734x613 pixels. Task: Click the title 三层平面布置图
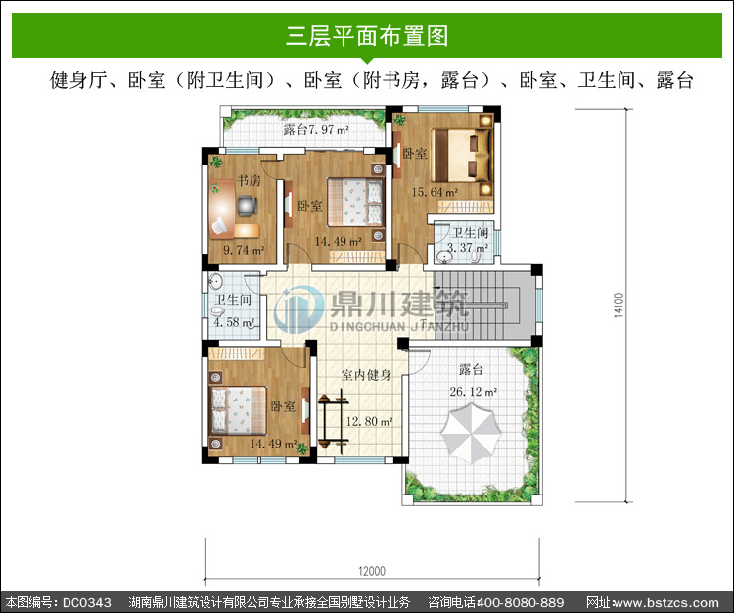[367, 36]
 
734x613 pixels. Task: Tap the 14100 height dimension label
[619, 306]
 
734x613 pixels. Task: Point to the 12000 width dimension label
[372, 571]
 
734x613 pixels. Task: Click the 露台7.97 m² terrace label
[316, 129]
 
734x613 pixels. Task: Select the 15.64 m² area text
[435, 192]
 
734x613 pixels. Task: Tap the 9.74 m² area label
[244, 250]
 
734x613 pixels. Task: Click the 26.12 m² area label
[474, 391]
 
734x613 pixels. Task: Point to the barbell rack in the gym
[333, 421]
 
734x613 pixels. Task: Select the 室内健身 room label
[366, 375]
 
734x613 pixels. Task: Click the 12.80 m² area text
[369, 421]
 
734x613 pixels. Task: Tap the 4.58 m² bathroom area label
[234, 322]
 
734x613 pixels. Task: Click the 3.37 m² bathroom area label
[468, 247]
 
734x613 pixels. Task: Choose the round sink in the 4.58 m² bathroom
[215, 282]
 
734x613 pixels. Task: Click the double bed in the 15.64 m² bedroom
[462, 156]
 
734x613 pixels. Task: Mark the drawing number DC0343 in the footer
[86, 602]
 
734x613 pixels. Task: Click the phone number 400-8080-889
[520, 602]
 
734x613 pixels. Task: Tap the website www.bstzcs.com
[665, 602]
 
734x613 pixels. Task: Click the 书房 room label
[249, 180]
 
